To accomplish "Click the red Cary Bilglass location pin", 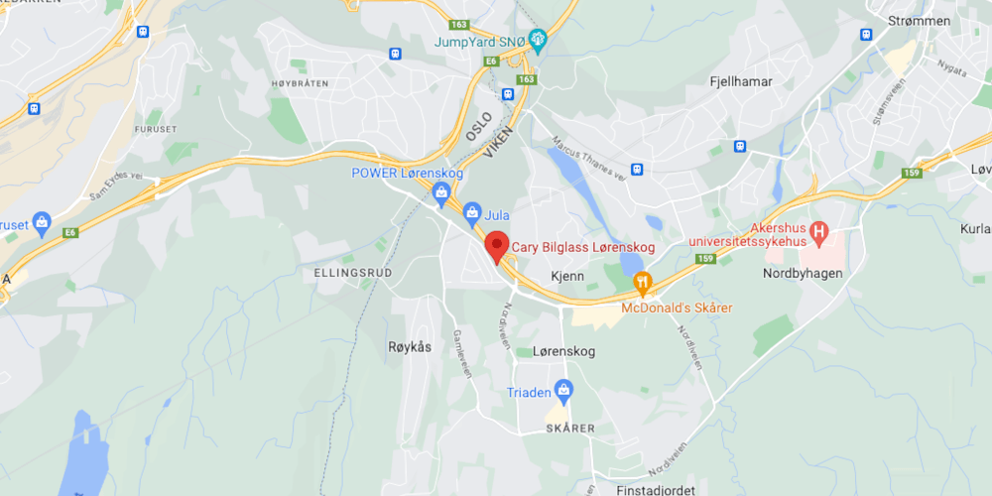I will point(496,245).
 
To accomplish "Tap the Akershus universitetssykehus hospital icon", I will point(818,233).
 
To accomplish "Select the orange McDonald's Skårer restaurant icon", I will point(643,285).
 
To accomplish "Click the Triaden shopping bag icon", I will point(563,390).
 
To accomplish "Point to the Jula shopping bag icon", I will point(473,210).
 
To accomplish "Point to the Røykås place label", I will point(409,347).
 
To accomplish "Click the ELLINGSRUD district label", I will point(352,272).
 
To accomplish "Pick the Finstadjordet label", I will point(642,489).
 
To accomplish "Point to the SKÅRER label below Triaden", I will point(569,429).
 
